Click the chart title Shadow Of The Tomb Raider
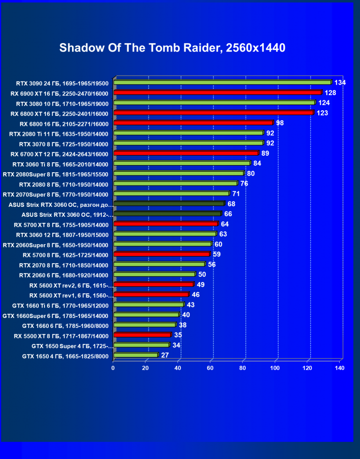click(x=172, y=48)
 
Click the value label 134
click(x=340, y=83)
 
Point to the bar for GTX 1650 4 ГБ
click(x=135, y=355)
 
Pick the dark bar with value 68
click(x=169, y=203)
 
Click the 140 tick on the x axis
click(x=339, y=368)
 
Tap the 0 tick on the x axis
click(x=113, y=368)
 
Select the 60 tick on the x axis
click(x=210, y=368)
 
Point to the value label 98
click(x=279, y=123)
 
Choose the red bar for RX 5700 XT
click(x=165, y=224)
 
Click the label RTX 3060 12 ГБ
click(x=62, y=235)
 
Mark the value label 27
click(x=165, y=355)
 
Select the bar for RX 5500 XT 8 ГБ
click(x=142, y=335)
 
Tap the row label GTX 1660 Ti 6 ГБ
click(x=59, y=305)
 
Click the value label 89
click(x=265, y=153)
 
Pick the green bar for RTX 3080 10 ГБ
click(x=214, y=103)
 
